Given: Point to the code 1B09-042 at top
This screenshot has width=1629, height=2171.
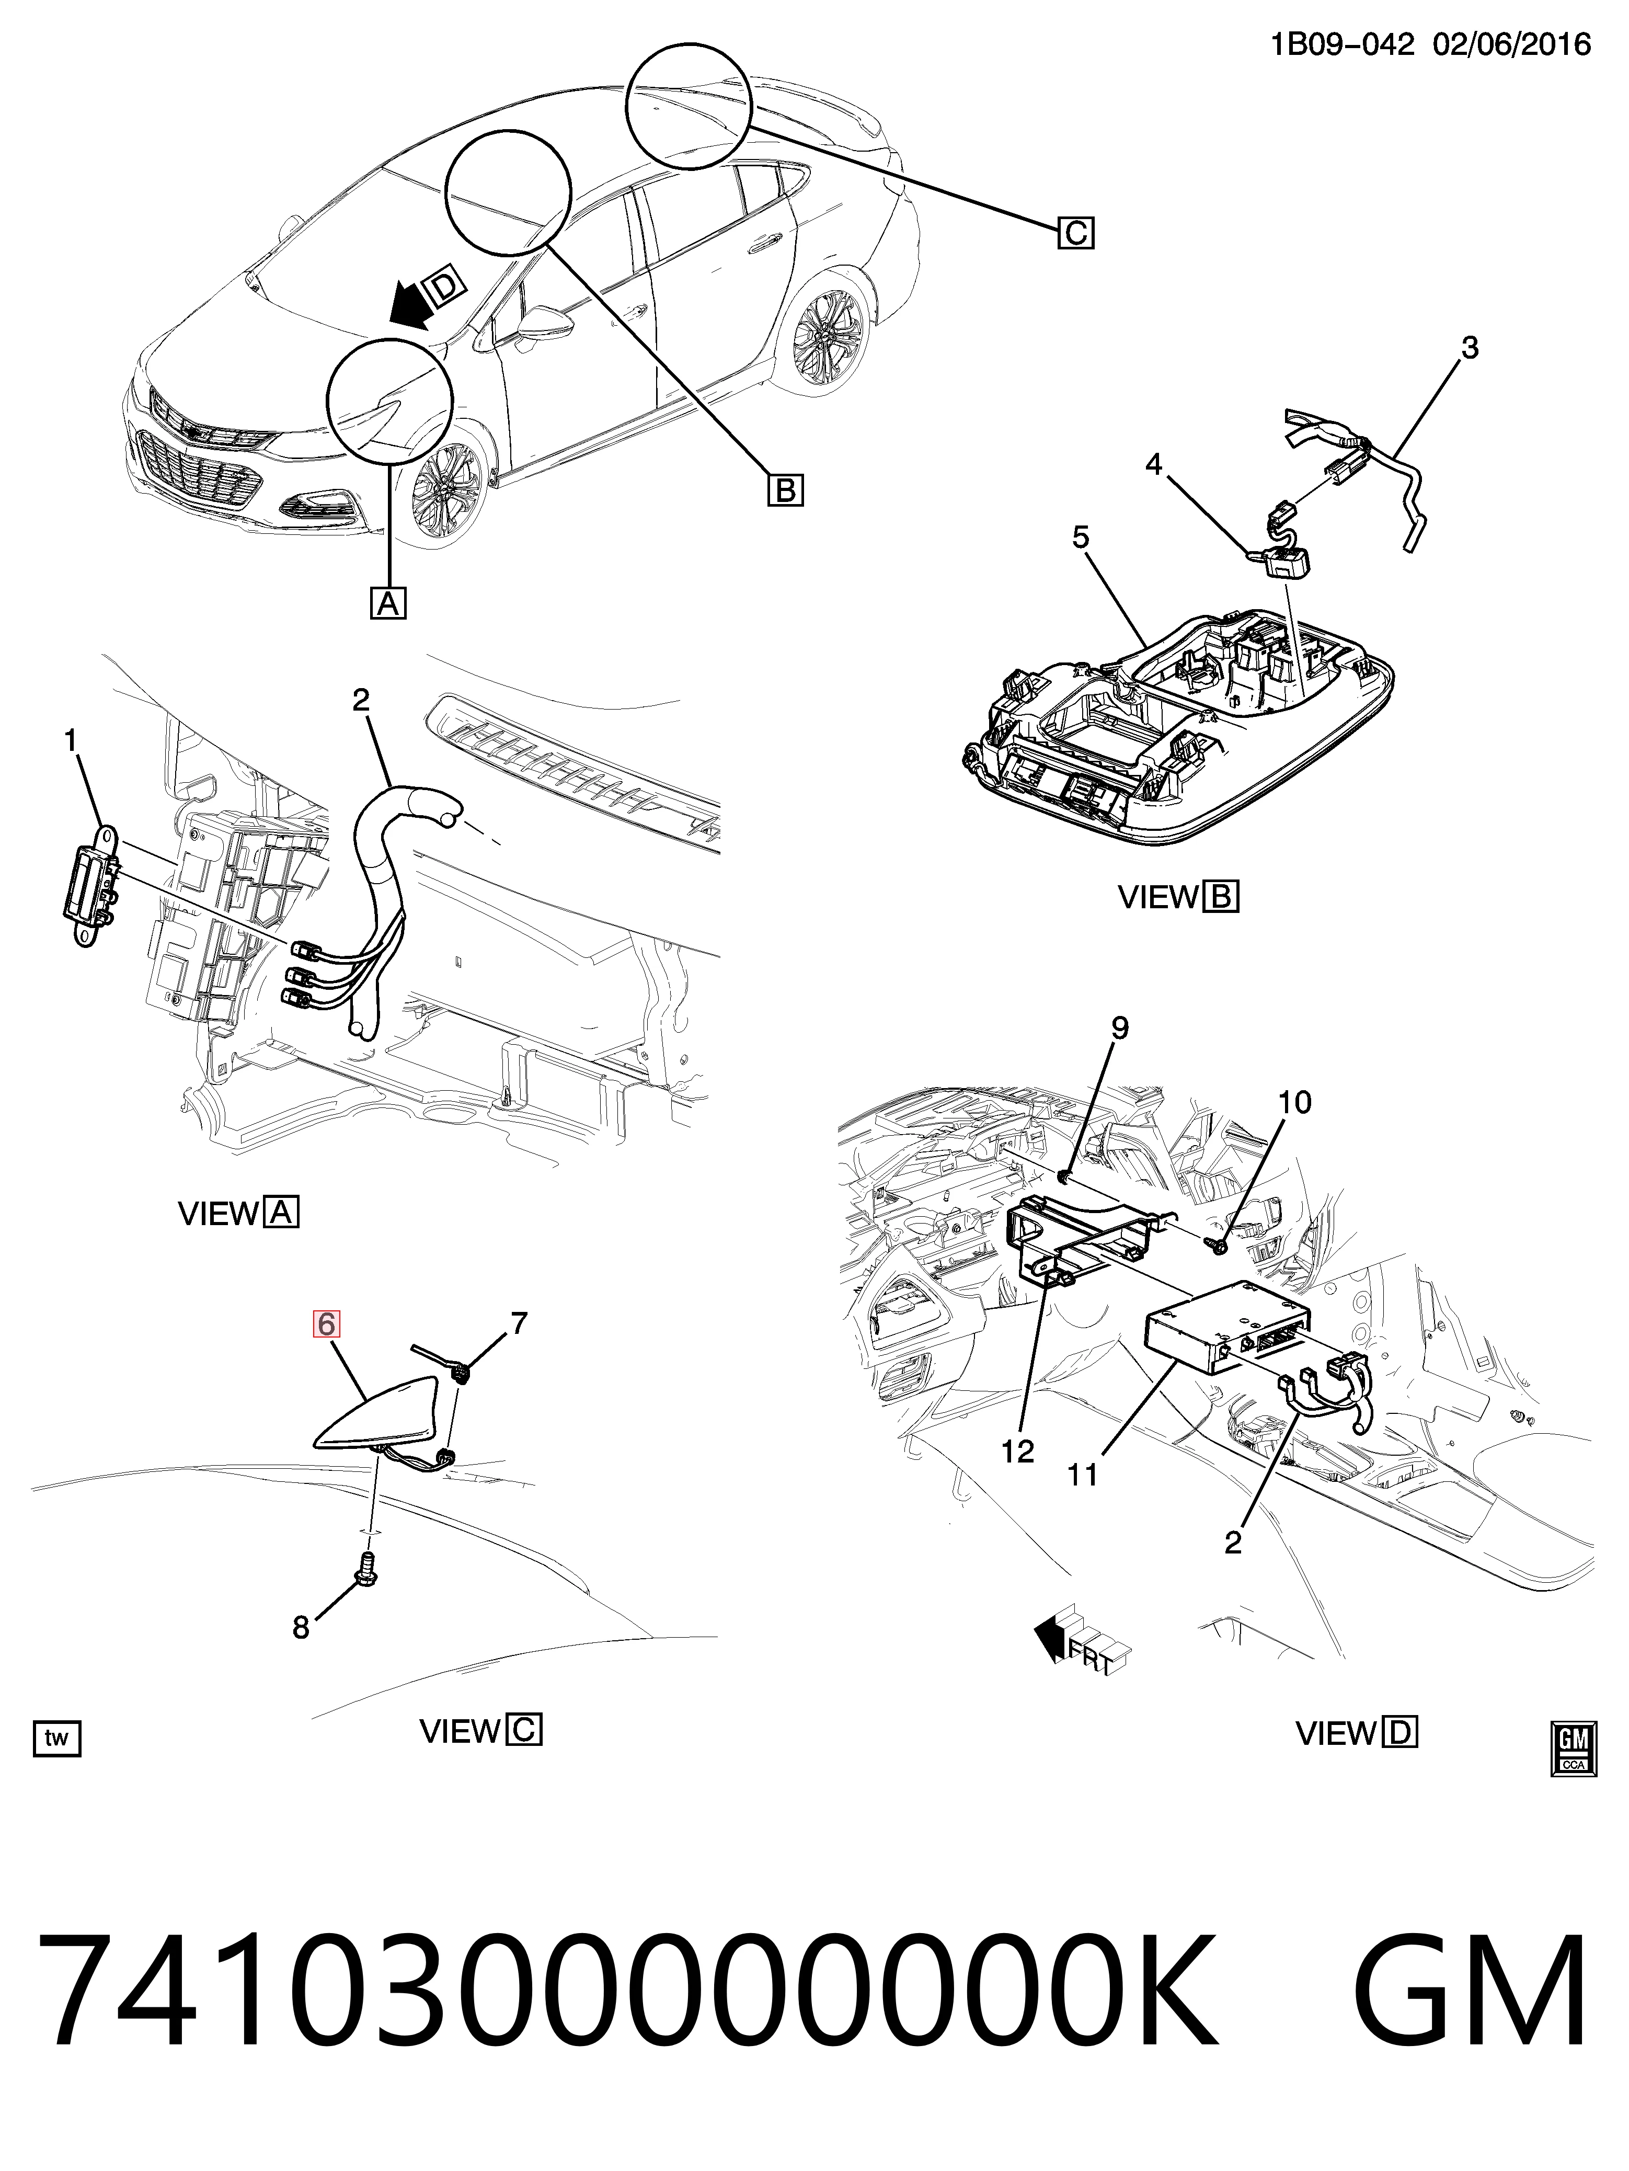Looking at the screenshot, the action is pos(1343,44).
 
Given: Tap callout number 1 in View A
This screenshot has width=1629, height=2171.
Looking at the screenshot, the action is pos(71,742).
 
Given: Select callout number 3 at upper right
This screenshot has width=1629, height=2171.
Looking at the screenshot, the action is pos(1469,347).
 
